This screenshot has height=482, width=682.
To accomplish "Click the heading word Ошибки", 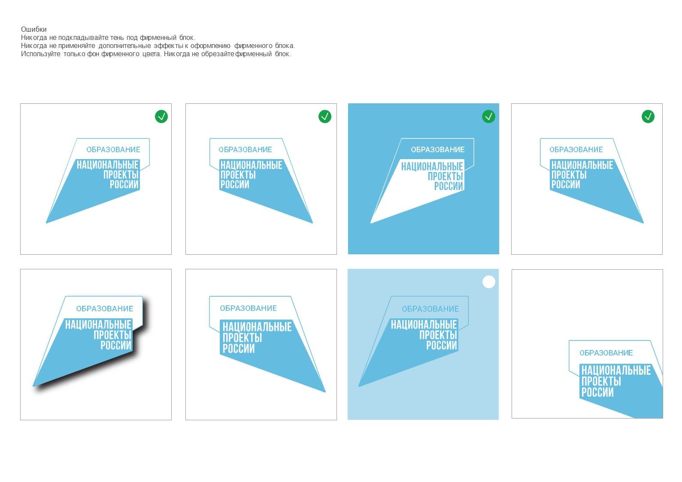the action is (x=34, y=30).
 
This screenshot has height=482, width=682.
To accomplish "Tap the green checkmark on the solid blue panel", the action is (x=489, y=117).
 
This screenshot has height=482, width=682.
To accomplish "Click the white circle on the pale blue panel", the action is (x=489, y=282).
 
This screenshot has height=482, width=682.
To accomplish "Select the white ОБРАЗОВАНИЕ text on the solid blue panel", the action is (x=437, y=150).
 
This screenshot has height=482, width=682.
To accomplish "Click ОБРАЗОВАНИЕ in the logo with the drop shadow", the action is (x=105, y=309).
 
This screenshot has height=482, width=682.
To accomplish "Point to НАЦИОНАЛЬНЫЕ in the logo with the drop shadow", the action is (x=98, y=325).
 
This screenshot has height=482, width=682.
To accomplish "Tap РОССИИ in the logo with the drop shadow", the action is (x=116, y=345).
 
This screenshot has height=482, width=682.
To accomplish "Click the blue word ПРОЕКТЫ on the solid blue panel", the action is (x=446, y=177).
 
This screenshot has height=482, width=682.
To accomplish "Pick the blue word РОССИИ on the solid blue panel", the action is (x=449, y=186).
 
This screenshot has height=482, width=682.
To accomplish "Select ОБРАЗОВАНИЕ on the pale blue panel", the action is (x=430, y=309).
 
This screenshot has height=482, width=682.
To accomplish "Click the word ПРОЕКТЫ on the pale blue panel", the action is (x=438, y=335).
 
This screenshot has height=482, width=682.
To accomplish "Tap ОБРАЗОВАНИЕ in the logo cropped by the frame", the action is (x=606, y=353).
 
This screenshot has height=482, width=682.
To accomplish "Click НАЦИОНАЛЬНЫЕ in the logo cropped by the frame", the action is (x=616, y=371).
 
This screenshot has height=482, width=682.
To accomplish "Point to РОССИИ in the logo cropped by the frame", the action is (x=597, y=392).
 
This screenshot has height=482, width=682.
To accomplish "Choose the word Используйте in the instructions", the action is (x=40, y=54).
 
